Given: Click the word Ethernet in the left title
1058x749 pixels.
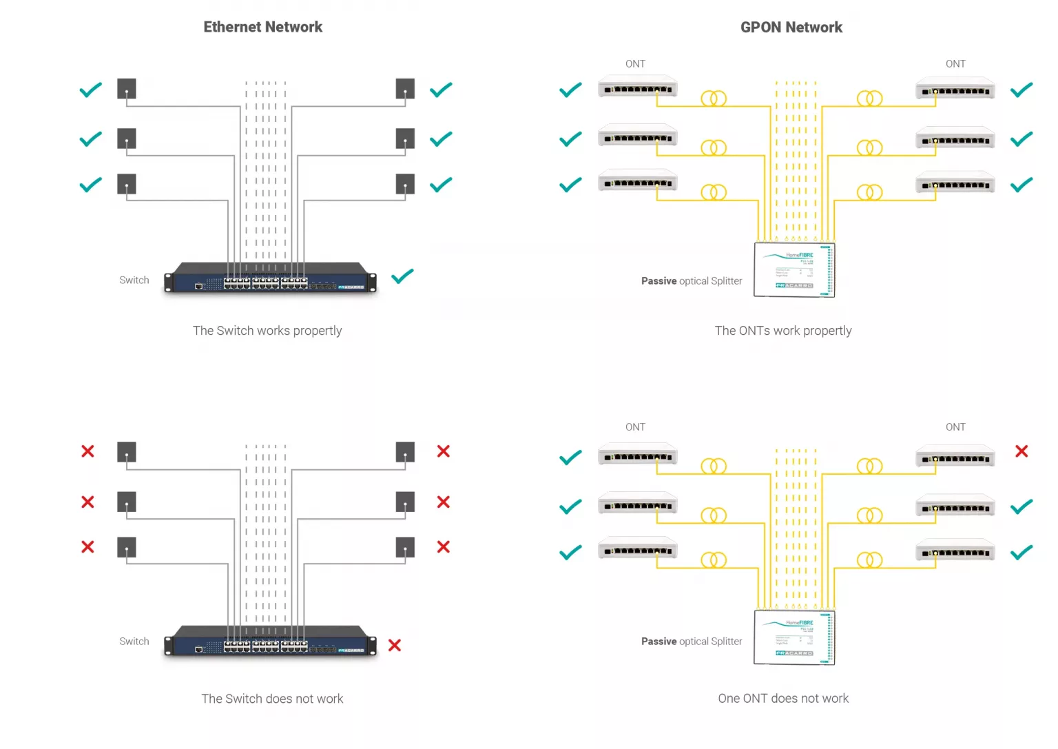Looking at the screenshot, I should (231, 27).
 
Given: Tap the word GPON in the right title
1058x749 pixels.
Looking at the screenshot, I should (760, 28).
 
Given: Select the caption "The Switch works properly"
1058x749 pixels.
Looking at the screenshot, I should (267, 331).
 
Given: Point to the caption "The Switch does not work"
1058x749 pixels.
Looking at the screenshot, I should (272, 699).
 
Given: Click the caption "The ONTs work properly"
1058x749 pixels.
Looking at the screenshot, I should (783, 331).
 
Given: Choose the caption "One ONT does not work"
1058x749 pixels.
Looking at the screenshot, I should (783, 699).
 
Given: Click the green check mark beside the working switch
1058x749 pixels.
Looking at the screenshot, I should (402, 276).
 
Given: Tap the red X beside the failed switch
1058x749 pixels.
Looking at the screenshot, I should (395, 645).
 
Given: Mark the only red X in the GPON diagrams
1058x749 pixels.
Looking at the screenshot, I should (1021, 451).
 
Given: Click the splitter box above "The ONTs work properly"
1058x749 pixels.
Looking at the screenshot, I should (794, 269).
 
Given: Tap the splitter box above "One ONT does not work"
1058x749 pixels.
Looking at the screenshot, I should (794, 637).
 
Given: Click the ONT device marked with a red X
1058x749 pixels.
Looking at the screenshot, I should (955, 456).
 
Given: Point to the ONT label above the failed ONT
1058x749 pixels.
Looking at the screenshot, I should (955, 427).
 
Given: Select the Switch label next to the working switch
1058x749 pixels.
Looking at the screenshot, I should (134, 280).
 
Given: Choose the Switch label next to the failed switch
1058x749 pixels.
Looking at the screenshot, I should (134, 642).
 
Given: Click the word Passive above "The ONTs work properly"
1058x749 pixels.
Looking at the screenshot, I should (658, 281).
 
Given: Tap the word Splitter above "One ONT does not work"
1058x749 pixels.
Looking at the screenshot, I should (726, 642).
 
